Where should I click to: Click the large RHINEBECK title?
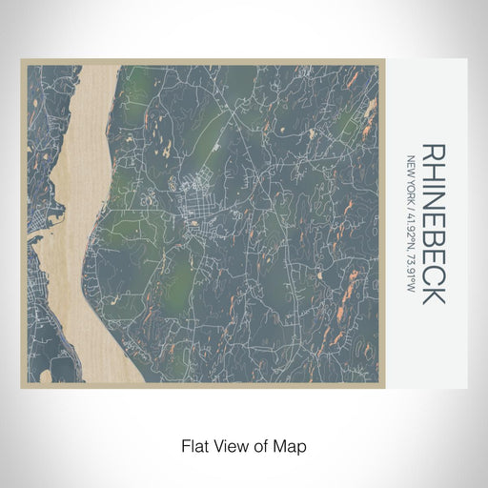(x=432, y=224)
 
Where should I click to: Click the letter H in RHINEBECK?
(x=432, y=172)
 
